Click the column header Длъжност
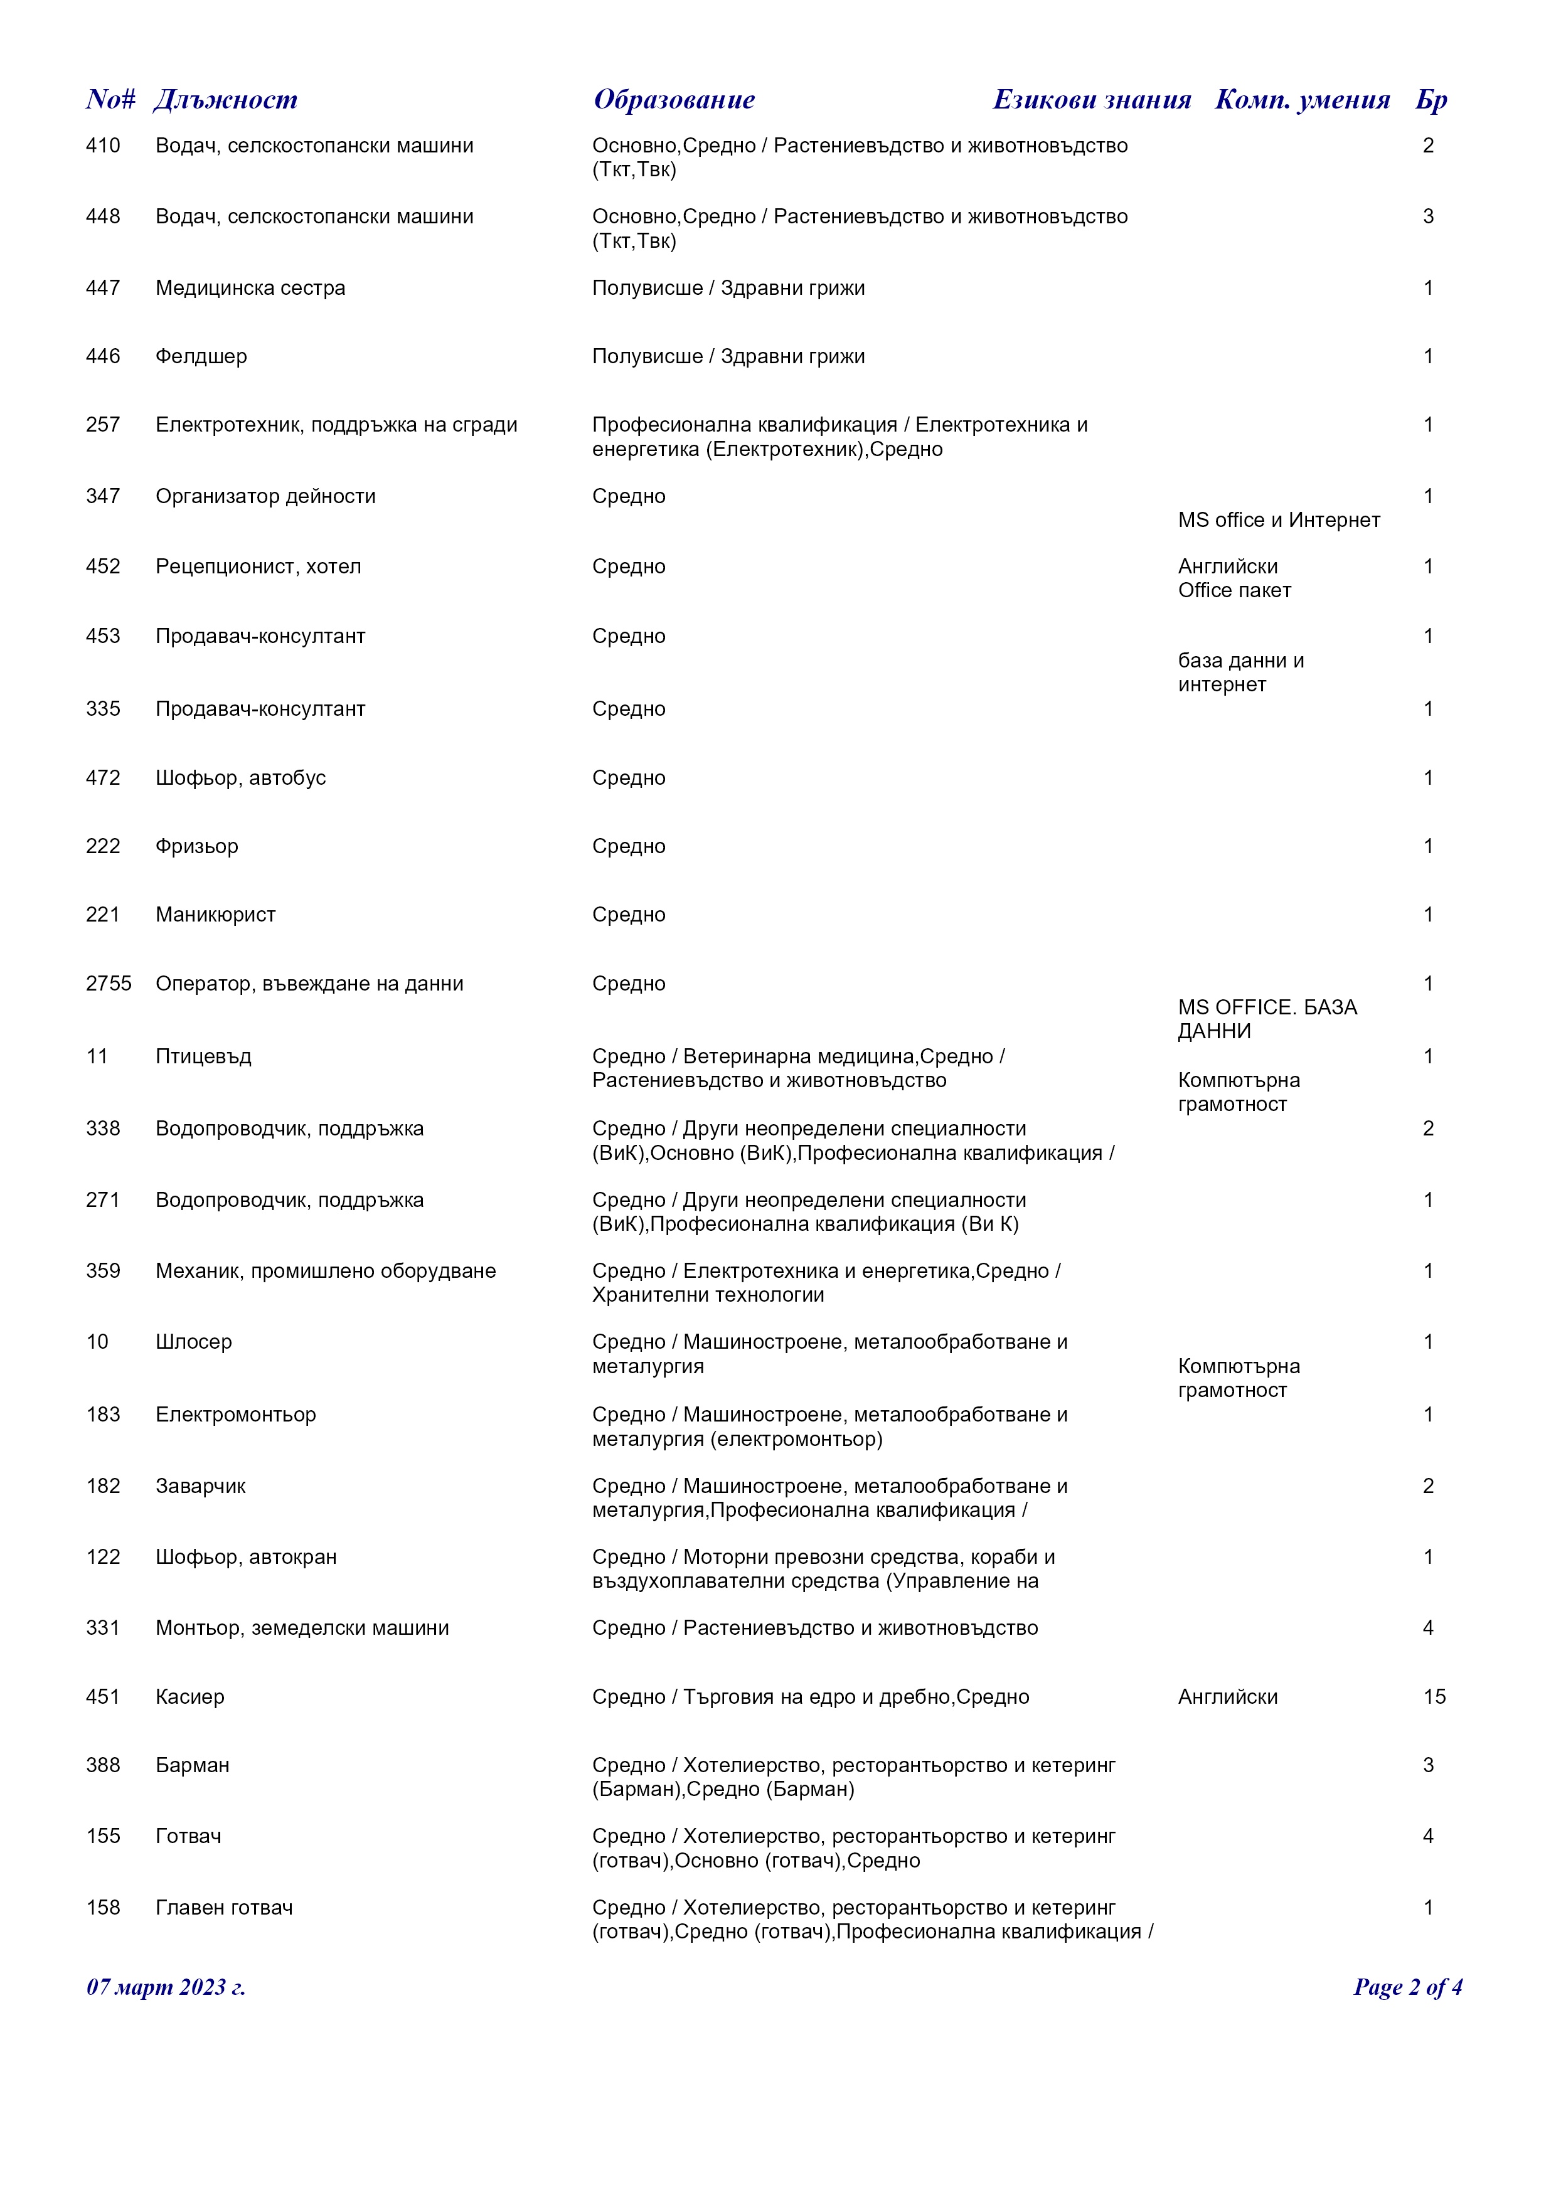[x=225, y=100]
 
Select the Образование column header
[x=674, y=100]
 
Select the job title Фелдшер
[x=201, y=356]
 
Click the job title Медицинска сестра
[x=250, y=289]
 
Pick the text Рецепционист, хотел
[x=258, y=566]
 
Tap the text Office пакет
[x=1234, y=590]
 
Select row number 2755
[x=109, y=984]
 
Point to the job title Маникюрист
[x=216, y=915]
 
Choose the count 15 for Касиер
[x=1434, y=1697]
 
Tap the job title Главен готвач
[x=224, y=1908]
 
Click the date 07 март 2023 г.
[x=166, y=1987]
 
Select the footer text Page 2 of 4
[x=1407, y=1987]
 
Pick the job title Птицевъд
[x=203, y=1057]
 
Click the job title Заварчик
[x=200, y=1486]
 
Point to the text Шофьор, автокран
[x=245, y=1557]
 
